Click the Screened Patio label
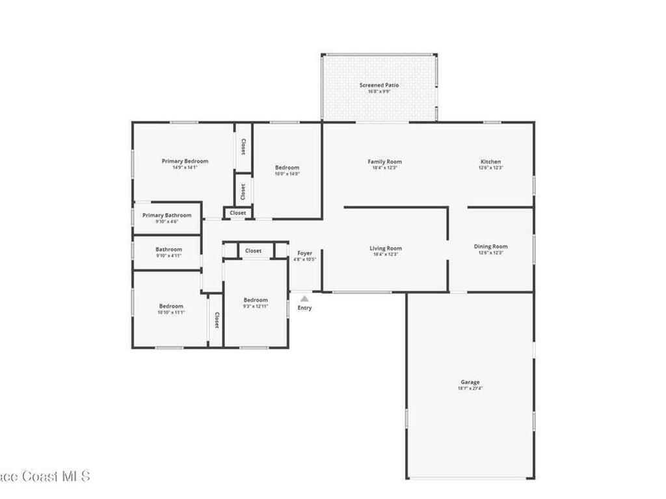(x=379, y=85)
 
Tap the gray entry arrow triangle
(x=304, y=299)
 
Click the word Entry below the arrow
(x=304, y=308)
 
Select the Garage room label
(x=470, y=382)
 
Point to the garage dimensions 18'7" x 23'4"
(x=470, y=389)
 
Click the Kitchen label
(x=490, y=162)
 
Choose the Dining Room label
(x=490, y=246)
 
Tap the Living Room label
(x=386, y=248)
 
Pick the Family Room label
(x=384, y=162)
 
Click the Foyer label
(x=304, y=253)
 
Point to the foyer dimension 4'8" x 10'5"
(x=304, y=259)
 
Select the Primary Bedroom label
(x=185, y=161)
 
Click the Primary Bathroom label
(x=167, y=215)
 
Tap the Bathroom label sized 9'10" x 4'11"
(x=168, y=249)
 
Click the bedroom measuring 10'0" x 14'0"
(x=287, y=168)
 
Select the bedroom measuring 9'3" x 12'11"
(x=256, y=300)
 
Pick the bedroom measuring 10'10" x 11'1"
(x=171, y=306)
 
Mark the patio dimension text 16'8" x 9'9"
(x=379, y=92)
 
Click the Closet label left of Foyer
(x=253, y=251)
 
